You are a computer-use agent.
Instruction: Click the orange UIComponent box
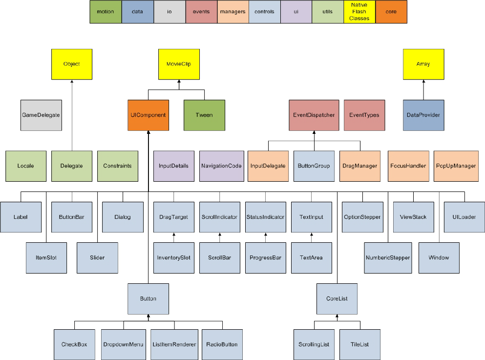click(148, 115)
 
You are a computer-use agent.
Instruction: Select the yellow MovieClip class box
click(179, 64)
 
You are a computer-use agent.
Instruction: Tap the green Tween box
click(204, 115)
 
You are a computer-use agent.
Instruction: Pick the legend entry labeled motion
click(105, 12)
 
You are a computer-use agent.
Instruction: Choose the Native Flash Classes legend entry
click(359, 12)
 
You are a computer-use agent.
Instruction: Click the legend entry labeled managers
click(232, 12)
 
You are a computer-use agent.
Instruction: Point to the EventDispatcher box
click(314, 115)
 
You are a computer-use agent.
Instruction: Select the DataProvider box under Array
click(423, 115)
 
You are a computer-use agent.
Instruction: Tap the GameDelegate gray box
click(42, 115)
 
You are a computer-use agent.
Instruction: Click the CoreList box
click(337, 298)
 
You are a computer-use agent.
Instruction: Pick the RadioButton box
click(222, 344)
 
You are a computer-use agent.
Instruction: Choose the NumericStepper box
click(388, 257)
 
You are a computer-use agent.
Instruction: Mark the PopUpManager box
click(455, 166)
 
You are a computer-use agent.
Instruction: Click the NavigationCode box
click(222, 166)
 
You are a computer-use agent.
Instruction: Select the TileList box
click(360, 344)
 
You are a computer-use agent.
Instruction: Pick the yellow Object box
click(72, 64)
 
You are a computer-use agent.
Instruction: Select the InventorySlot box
click(174, 257)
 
